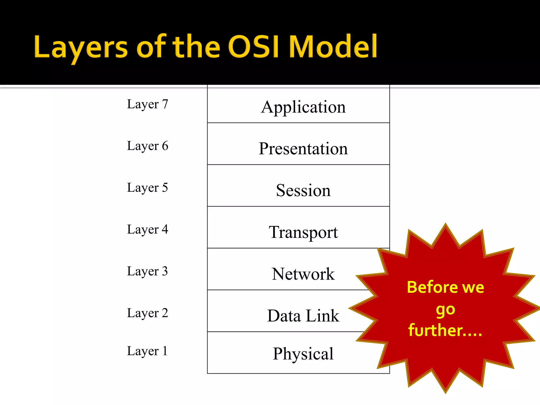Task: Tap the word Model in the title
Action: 333,47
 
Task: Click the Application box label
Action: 303,107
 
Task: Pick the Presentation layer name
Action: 303,148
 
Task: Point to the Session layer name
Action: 303,190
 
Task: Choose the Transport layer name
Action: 303,232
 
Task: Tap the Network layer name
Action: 303,274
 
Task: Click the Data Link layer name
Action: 303,316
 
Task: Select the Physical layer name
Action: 303,354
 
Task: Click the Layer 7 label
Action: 147,104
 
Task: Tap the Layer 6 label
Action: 147,146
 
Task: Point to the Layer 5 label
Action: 147,188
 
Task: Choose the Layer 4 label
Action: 147,229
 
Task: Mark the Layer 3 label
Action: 147,271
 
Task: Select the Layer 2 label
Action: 147,313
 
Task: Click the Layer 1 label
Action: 147,351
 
